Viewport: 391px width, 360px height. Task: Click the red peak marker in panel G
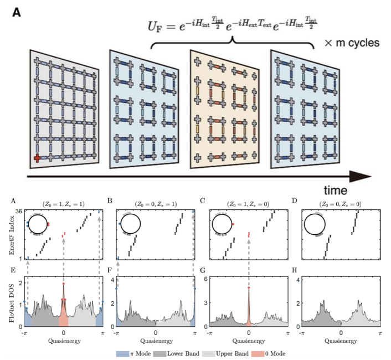[x=249, y=288]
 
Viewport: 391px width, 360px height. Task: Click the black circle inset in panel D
[x=316, y=225]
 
